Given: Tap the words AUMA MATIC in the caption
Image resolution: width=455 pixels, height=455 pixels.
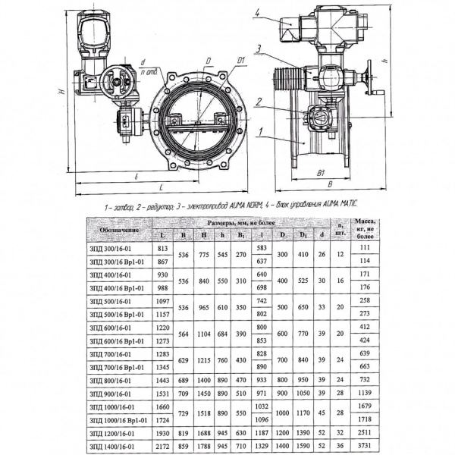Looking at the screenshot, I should tap(337, 205).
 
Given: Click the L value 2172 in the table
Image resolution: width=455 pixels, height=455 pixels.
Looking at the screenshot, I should tap(162, 447).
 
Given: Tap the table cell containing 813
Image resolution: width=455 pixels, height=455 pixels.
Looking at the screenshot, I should tap(162, 248).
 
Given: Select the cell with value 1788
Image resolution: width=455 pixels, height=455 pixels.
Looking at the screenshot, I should tap(203, 447).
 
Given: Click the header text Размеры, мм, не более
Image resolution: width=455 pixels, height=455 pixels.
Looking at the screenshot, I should tap(240, 223).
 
